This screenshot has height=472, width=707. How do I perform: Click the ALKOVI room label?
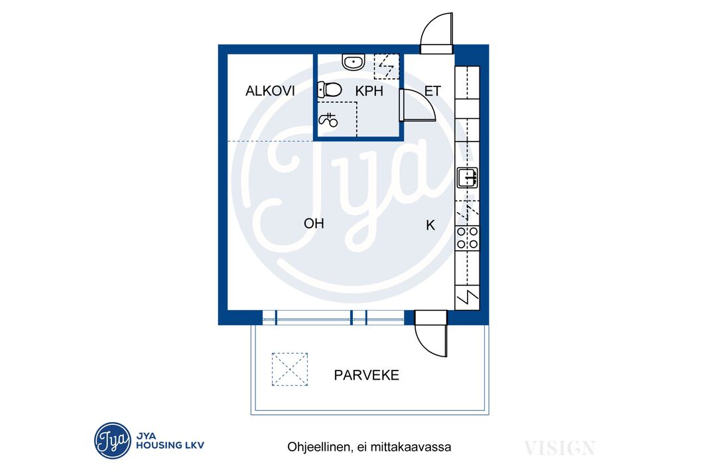tap(270, 91)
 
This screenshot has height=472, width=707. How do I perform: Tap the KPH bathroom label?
tap(369, 91)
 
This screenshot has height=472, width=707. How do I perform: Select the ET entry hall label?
tap(432, 91)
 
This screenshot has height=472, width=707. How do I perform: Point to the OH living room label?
tap(314, 223)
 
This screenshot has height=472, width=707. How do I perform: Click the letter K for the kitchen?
tap(430, 225)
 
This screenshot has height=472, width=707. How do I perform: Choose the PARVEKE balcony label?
tap(366, 375)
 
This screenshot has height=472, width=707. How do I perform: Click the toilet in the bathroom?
tap(329, 90)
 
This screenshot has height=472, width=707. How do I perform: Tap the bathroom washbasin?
tap(353, 62)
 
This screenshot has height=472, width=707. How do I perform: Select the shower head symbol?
tap(328, 119)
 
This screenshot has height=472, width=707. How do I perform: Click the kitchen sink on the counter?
tap(467, 177)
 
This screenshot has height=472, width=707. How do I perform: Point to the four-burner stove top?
tap(467, 238)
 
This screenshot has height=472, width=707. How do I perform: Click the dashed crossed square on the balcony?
tap(289, 369)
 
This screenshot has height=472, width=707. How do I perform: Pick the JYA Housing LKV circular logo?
tap(113, 440)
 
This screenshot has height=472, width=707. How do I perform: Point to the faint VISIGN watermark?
tap(559, 448)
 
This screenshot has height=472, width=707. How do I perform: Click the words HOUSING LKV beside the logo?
tap(170, 445)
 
